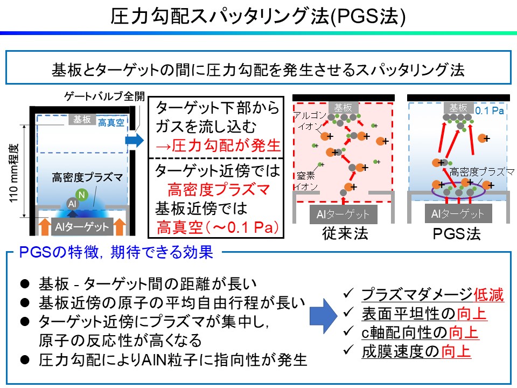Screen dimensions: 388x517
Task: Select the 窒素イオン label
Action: click(x=305, y=181)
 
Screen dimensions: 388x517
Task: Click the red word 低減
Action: click(x=489, y=294)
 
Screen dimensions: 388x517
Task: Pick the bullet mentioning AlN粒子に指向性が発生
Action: click(x=173, y=360)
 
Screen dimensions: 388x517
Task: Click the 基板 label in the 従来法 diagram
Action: click(x=343, y=107)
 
